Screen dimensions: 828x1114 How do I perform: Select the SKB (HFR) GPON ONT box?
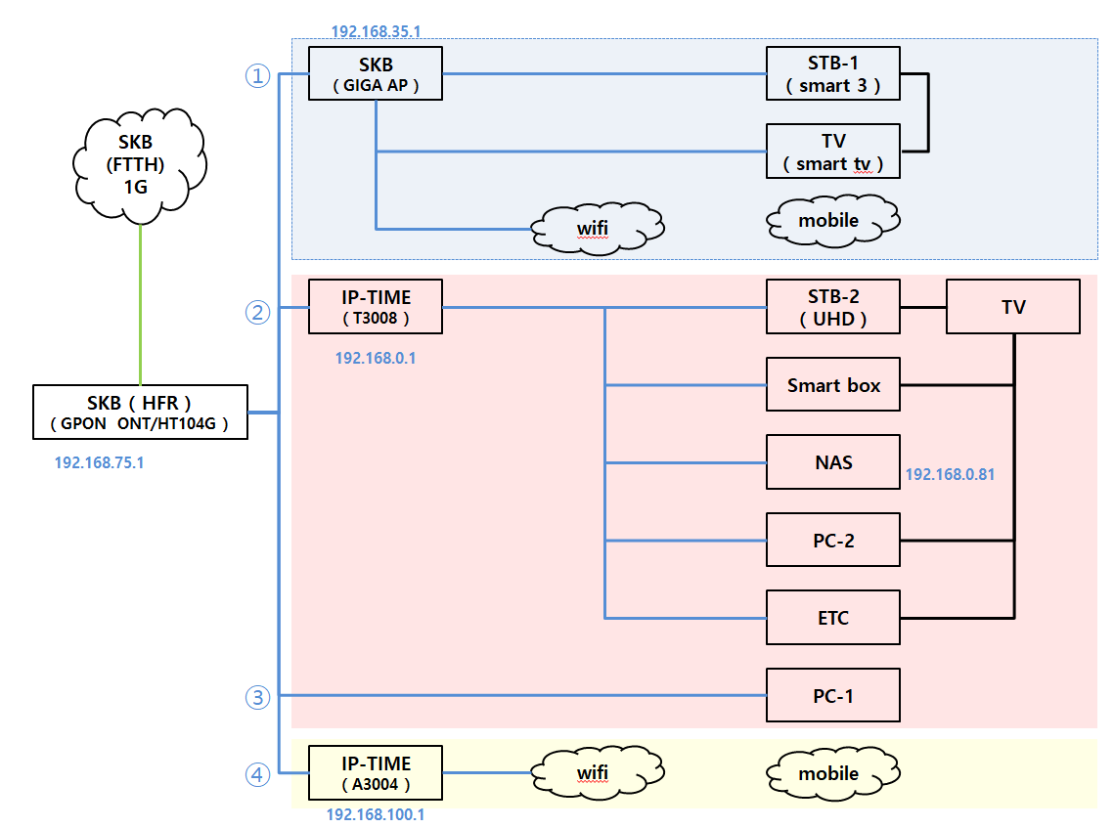click(140, 413)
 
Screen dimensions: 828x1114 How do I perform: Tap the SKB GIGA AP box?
click(375, 73)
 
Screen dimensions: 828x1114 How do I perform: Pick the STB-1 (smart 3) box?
click(832, 73)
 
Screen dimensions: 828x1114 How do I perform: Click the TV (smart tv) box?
click(832, 152)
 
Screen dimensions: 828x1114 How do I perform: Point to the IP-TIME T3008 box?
click(375, 307)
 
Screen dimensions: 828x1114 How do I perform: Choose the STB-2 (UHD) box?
click(832, 307)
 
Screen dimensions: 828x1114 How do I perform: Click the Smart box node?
click(832, 385)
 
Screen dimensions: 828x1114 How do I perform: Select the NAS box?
click(832, 462)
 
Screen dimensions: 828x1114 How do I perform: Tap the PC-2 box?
click(832, 540)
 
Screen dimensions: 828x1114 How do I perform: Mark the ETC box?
click(832, 618)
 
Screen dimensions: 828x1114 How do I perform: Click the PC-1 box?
click(832, 695)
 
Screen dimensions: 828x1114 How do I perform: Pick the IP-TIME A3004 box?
click(375, 773)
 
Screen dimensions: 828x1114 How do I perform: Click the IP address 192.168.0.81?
click(950, 475)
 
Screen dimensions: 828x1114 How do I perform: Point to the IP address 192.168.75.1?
click(100, 462)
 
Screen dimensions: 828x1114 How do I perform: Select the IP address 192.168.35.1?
click(376, 31)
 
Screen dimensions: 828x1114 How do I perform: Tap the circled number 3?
click(257, 697)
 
